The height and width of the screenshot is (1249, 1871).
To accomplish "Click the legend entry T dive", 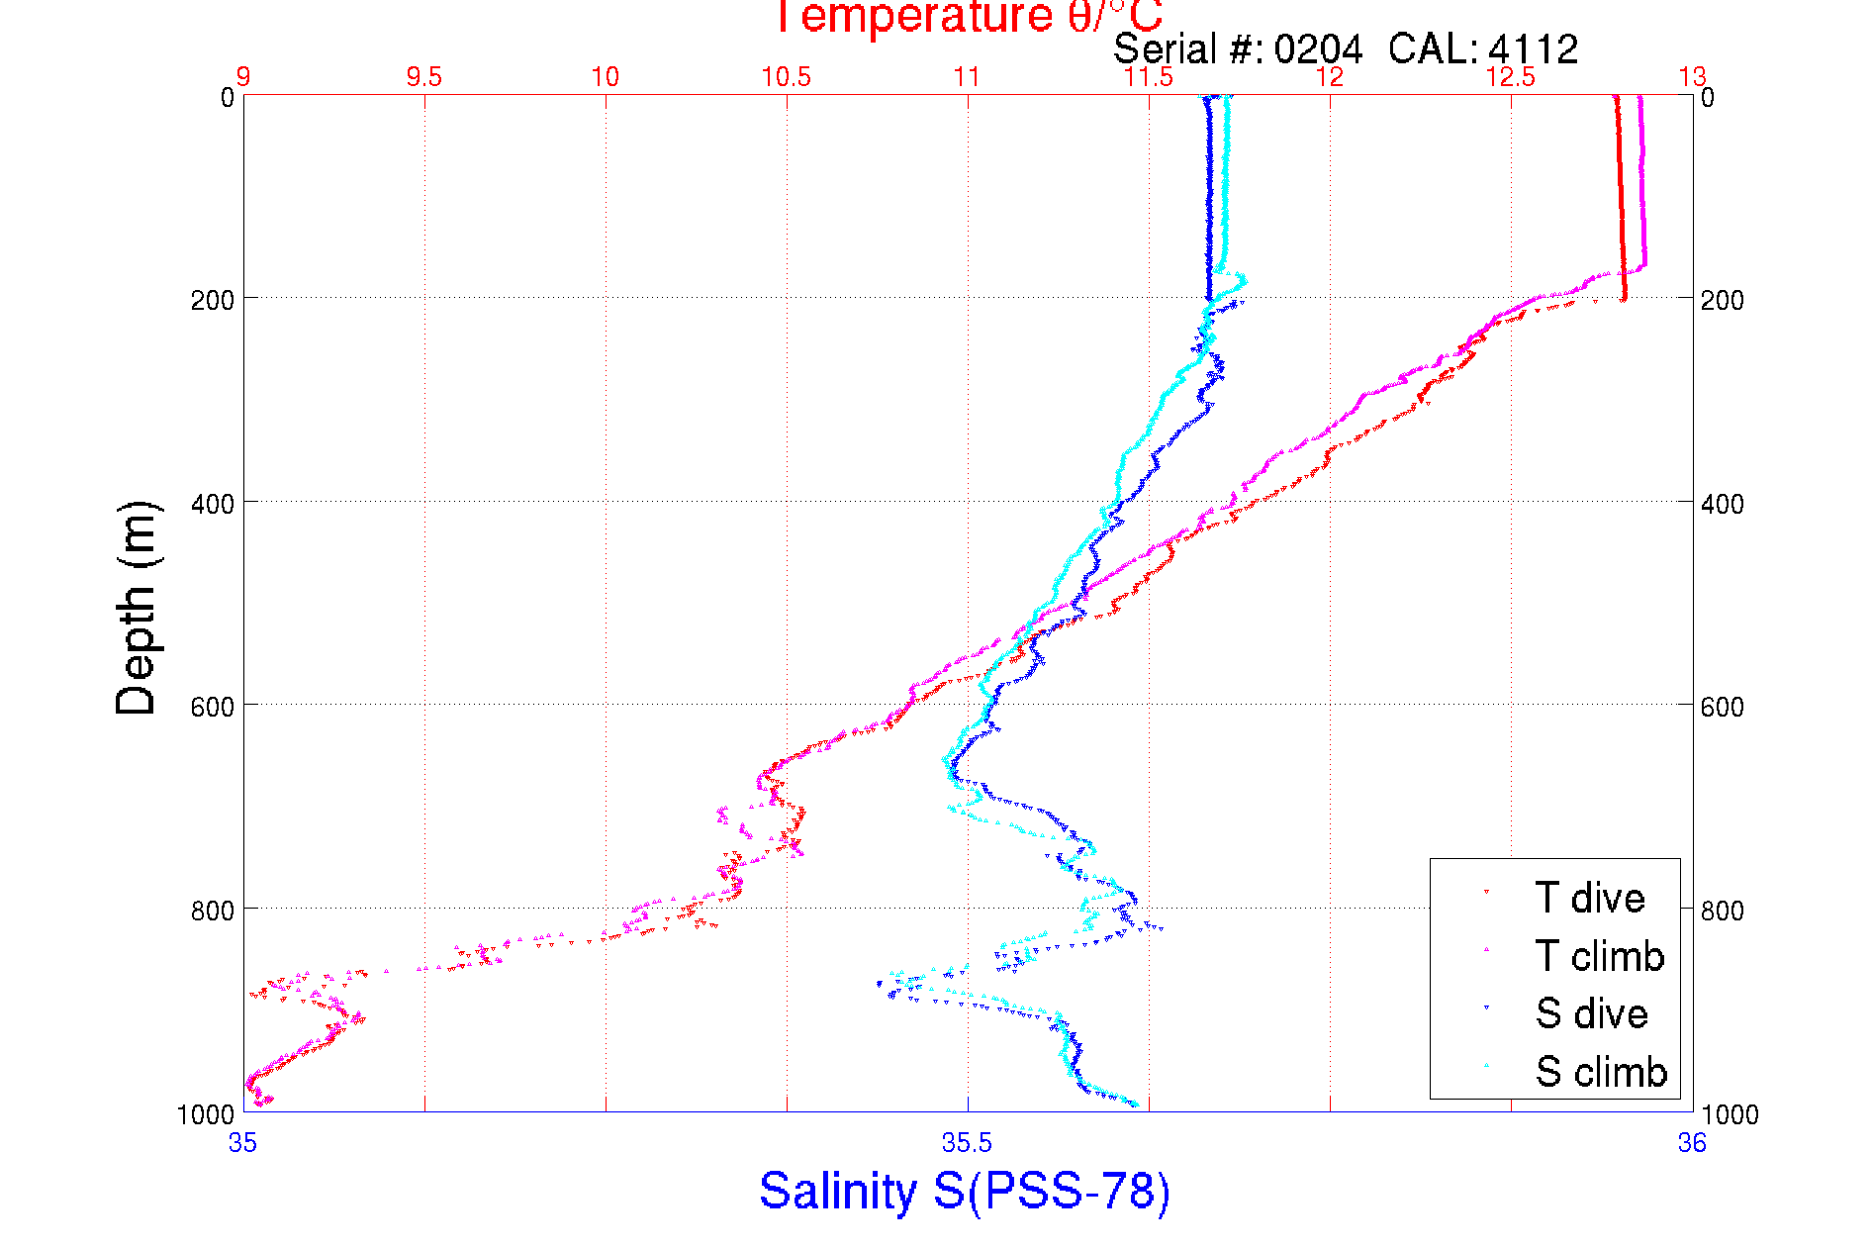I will point(1588,898).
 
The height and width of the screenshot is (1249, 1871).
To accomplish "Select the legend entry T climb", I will point(1598,956).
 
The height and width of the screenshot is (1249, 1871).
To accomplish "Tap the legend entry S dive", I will point(1590,1013).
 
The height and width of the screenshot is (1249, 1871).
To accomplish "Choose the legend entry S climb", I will point(1600,1072).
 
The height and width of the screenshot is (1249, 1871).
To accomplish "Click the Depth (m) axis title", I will point(137,608).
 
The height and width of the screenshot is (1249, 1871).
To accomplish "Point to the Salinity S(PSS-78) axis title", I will point(965,1191).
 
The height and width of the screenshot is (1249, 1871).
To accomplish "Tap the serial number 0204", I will point(1317,48).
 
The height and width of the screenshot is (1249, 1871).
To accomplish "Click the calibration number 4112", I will point(1533,48).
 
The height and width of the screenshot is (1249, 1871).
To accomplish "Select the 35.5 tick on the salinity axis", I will point(967,1143).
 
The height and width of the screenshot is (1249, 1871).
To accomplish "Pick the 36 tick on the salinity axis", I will point(1691,1143).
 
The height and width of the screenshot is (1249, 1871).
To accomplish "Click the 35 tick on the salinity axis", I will point(242,1143).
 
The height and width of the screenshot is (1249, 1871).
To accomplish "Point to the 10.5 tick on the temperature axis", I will point(786,77).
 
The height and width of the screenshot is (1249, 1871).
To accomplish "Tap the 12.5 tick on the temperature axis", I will point(1510,77).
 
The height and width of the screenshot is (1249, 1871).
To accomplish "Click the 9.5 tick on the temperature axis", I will point(423,77).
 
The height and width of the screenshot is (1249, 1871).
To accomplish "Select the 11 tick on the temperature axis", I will point(967,77).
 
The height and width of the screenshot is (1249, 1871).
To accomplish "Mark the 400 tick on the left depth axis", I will point(213,504).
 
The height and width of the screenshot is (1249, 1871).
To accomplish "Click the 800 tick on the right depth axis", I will point(1722,910).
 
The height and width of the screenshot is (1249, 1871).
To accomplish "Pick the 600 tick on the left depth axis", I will point(213,707).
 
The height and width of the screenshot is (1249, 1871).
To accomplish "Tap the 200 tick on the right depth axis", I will point(1722,300).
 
